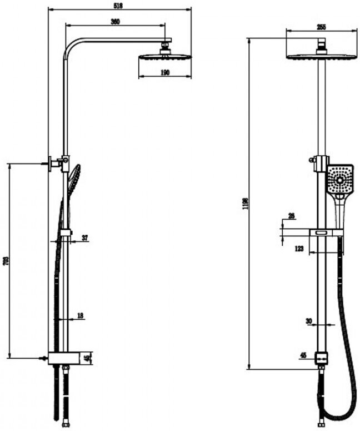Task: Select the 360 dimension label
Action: tap(116, 22)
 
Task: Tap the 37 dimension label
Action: tap(84, 238)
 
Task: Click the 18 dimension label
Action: tap(81, 315)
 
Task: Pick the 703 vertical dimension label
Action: tap(6, 261)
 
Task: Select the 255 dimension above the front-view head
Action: tap(321, 27)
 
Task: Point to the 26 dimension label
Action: tap(292, 216)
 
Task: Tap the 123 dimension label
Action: tap(299, 249)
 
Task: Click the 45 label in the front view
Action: tap(303, 354)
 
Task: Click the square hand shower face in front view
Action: tap(340, 179)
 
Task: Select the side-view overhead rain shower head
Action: tap(165, 57)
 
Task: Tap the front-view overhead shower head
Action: tap(321, 56)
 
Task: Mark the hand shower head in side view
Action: tap(74, 178)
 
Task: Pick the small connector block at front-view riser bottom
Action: tap(320, 358)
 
